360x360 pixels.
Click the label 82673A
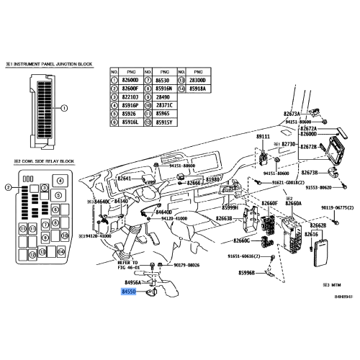click(292, 114)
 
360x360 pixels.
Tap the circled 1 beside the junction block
click(63, 109)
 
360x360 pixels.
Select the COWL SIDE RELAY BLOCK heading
click(43, 162)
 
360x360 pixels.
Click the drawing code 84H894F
click(343, 295)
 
